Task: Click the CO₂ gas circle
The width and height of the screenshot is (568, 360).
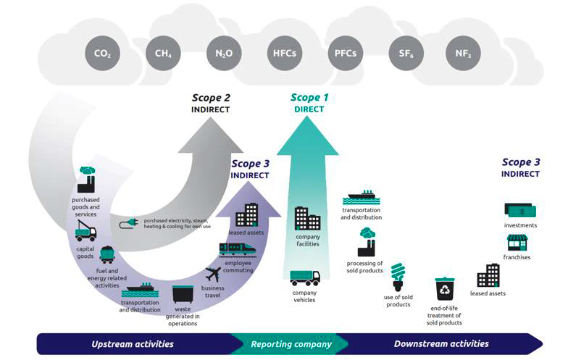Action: (103, 53)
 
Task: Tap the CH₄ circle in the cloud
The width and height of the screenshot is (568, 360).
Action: (163, 53)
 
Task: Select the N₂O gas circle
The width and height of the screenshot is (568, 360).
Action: (223, 53)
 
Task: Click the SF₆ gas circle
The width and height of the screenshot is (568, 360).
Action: (404, 53)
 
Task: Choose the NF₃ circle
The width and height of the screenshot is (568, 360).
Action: (463, 53)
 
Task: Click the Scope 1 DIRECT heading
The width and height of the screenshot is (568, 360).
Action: (309, 103)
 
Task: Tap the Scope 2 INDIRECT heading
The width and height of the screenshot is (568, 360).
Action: (211, 103)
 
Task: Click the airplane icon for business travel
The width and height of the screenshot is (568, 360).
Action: (213, 275)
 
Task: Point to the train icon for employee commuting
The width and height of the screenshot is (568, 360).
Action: (238, 249)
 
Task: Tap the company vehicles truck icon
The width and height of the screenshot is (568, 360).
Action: (305, 278)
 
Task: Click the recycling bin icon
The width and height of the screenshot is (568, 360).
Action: (445, 288)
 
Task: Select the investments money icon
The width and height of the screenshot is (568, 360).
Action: (520, 210)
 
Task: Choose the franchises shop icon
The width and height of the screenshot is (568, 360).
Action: (517, 243)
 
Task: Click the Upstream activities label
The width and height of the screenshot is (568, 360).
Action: (133, 343)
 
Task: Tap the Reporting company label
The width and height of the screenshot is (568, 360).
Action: (291, 343)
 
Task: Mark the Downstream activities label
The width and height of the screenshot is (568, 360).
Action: (441, 343)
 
